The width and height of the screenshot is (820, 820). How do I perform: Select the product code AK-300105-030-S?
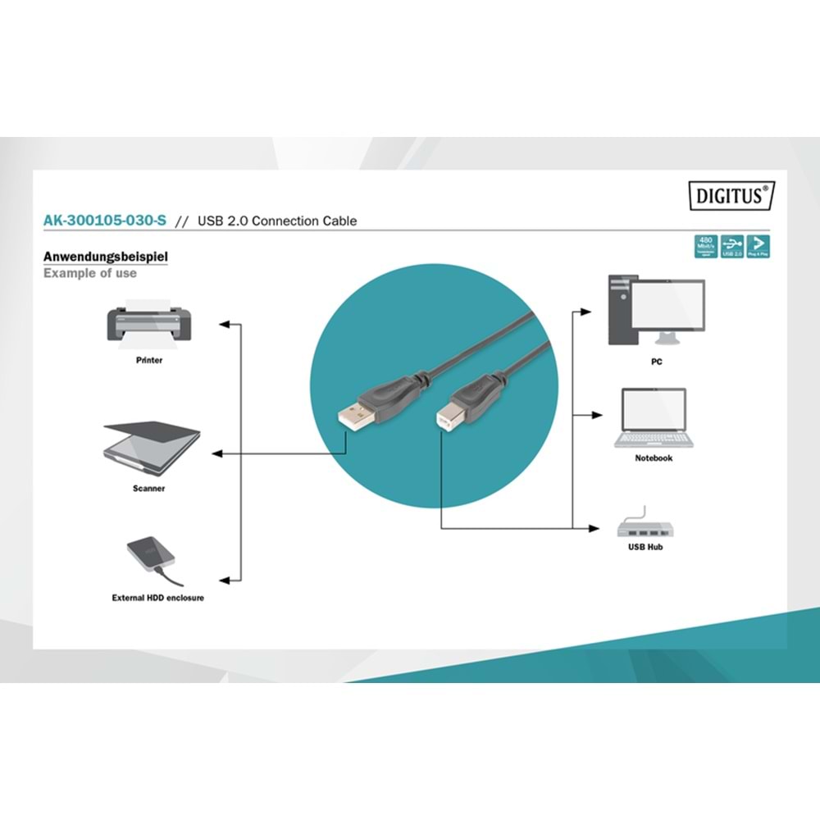click(93, 221)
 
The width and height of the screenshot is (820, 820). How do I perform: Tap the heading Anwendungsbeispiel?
click(106, 257)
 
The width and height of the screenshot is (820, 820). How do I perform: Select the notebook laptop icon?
click(654, 417)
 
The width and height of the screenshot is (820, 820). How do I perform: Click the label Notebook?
click(654, 458)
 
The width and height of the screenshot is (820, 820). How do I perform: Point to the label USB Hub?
click(645, 547)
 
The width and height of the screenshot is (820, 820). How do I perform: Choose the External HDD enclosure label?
click(158, 598)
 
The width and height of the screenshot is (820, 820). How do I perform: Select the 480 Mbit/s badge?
click(705, 246)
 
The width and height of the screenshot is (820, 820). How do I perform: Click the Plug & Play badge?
click(758, 246)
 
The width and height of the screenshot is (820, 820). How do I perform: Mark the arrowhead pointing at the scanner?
click(217, 453)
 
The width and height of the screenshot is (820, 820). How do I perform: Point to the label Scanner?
click(149, 489)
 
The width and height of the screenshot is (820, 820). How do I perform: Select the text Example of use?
click(90, 273)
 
